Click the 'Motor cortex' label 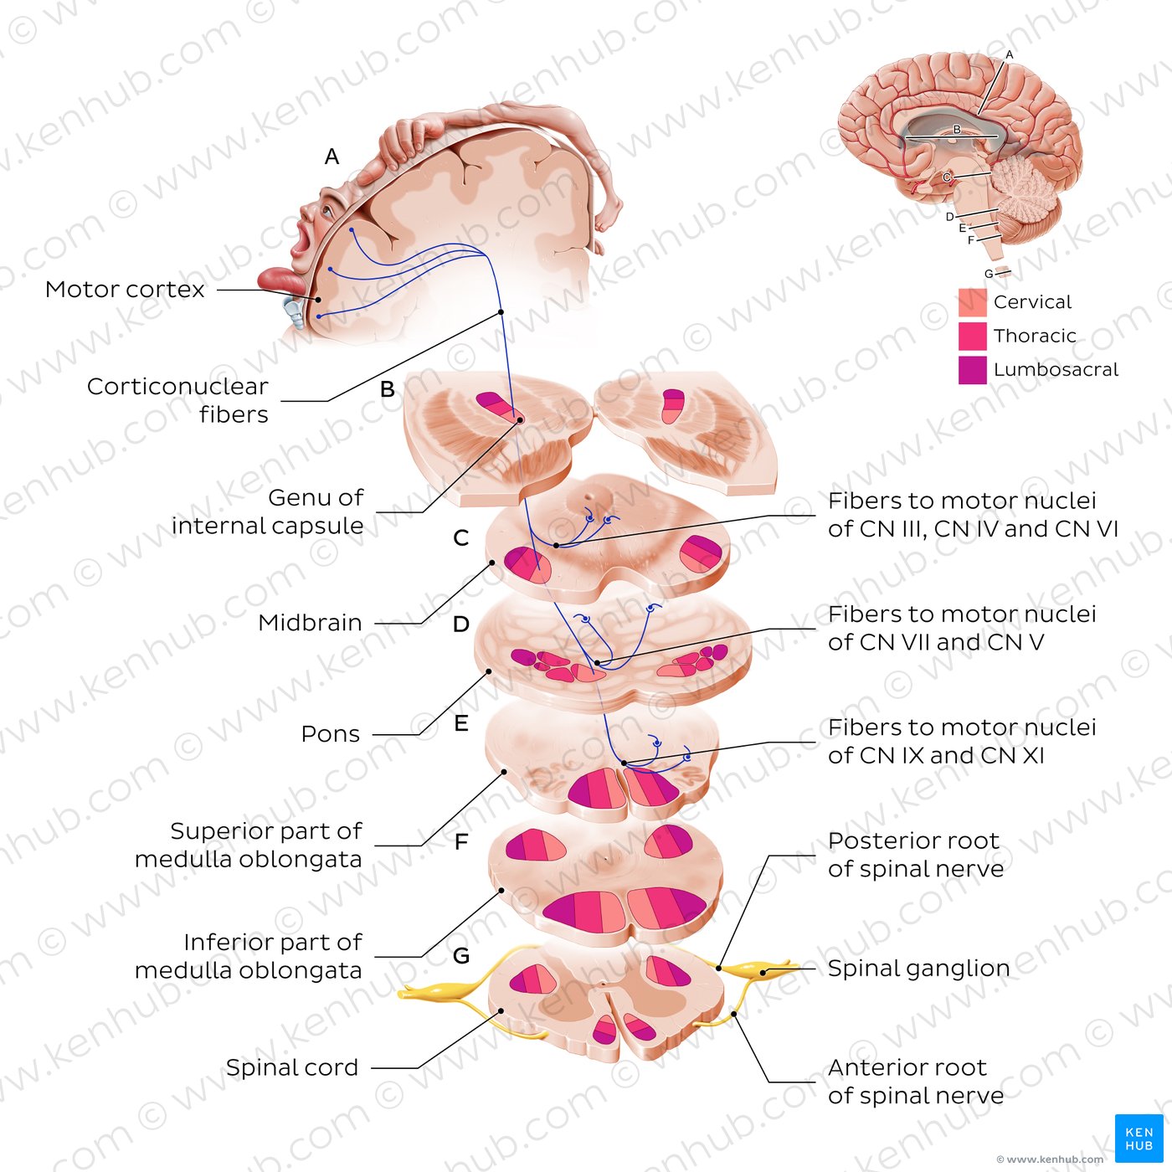[125, 290]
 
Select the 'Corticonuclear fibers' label [177, 400]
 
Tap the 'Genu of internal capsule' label [267, 511]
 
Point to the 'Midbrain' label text [310, 623]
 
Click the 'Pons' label [331, 734]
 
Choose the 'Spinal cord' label [292, 1068]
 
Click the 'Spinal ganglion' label [918, 969]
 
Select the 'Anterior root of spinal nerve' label [915, 1082]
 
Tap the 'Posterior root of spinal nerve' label [915, 855]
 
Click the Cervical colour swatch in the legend [972, 302]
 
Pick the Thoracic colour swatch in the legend [972, 336]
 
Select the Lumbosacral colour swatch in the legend [972, 370]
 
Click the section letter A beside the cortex [332, 157]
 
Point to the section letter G [460, 956]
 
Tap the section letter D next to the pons [460, 625]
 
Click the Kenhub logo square [1139, 1139]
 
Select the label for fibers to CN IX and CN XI [961, 742]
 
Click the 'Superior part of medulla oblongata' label [249, 846]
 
